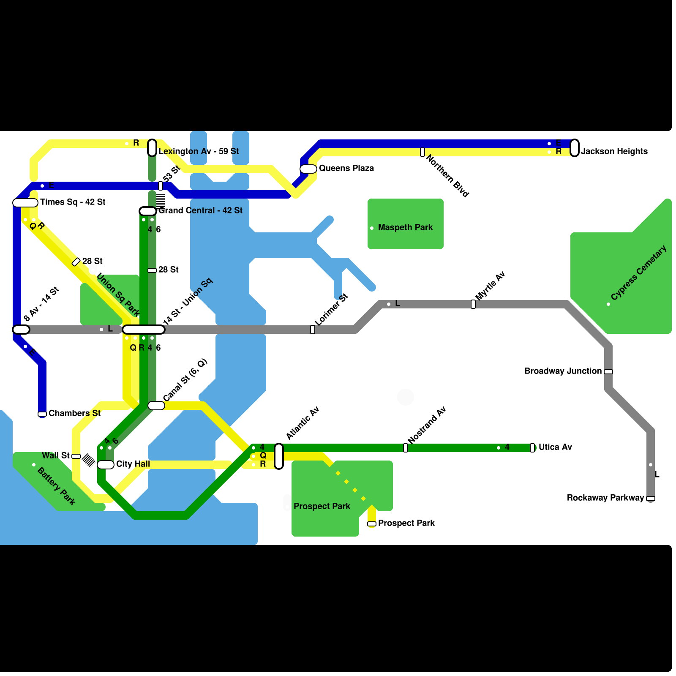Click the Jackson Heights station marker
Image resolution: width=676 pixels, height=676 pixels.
click(575, 148)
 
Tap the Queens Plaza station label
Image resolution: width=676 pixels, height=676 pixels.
click(346, 168)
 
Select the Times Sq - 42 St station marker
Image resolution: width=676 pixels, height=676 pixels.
click(25, 203)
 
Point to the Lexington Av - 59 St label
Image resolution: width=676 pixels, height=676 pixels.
click(199, 151)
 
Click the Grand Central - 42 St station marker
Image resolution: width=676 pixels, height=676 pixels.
click(148, 211)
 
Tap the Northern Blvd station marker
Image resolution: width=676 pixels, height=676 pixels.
click(422, 152)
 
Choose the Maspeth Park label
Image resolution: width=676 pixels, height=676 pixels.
click(406, 227)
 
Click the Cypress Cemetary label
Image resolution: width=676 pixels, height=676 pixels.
click(639, 273)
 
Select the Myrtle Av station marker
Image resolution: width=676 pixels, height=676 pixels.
click(473, 304)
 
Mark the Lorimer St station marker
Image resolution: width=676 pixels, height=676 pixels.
click(313, 330)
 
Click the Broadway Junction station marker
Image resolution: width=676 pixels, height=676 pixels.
click(608, 372)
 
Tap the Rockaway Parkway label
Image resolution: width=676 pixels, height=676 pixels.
click(605, 498)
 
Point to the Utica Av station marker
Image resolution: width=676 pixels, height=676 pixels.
click(532, 448)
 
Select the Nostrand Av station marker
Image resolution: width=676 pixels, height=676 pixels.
click(406, 448)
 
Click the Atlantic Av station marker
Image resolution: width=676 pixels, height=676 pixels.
click(279, 456)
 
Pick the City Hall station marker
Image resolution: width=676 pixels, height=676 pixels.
click(106, 465)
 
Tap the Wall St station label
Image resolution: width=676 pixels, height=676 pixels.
click(56, 455)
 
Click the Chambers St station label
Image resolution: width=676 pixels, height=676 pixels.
click(75, 413)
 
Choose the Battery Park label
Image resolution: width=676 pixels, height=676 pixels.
click(56, 486)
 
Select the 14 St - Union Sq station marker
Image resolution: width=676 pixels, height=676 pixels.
click(144, 330)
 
